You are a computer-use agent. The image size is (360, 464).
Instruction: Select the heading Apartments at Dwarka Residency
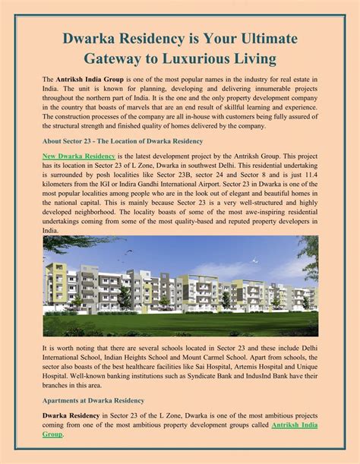[x=93, y=399]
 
